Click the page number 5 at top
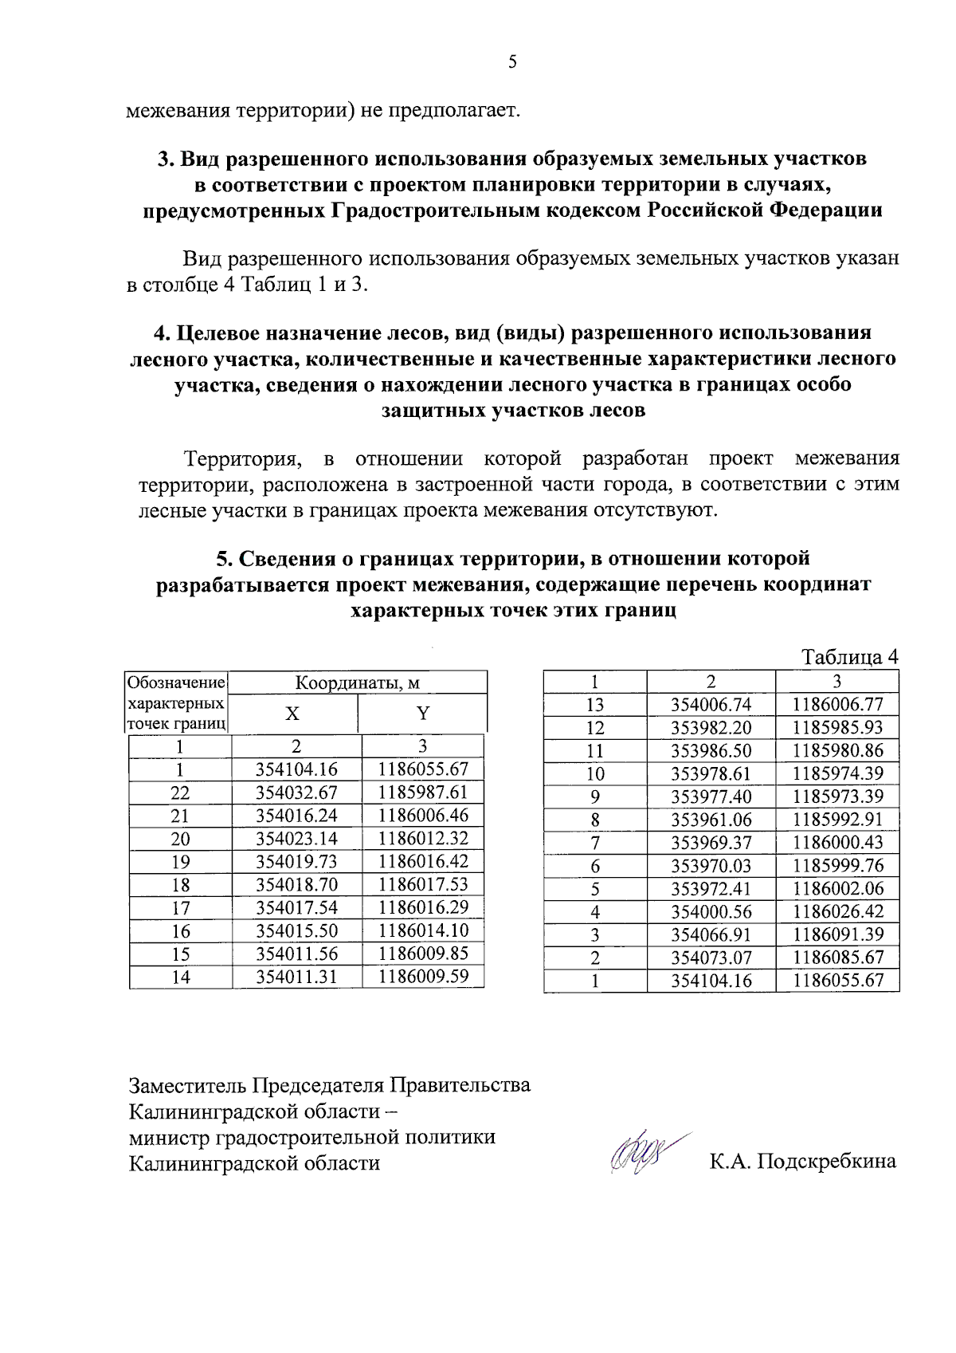[512, 62]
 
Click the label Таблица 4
[849, 657]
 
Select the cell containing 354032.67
[296, 793]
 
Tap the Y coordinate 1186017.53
[423, 884]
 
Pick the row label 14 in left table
[181, 977]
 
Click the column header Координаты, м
[358, 682]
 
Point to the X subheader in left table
[293, 713]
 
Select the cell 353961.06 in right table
[711, 820]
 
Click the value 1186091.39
[837, 934]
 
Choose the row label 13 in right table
[594, 705]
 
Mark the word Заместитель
[188, 1085]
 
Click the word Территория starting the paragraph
[241, 458]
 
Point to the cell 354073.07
[711, 958]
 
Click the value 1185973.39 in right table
[837, 796]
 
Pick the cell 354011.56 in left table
[296, 954]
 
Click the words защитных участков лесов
[513, 411]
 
